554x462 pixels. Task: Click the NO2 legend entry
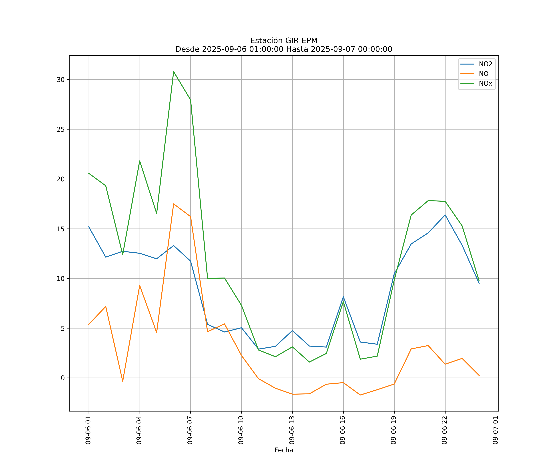(x=485, y=64)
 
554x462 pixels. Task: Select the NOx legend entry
(x=485, y=84)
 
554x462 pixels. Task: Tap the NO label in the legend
(x=484, y=74)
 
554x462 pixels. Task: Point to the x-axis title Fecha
(x=284, y=450)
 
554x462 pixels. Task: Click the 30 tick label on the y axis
(x=61, y=80)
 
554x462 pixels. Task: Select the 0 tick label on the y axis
(x=63, y=378)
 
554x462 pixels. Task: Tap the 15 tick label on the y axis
(x=61, y=229)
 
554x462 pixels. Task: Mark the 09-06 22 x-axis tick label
(x=445, y=430)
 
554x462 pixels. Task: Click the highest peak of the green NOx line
(x=174, y=72)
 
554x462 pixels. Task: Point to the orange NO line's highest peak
(x=174, y=204)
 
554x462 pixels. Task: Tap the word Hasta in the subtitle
(x=297, y=49)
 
